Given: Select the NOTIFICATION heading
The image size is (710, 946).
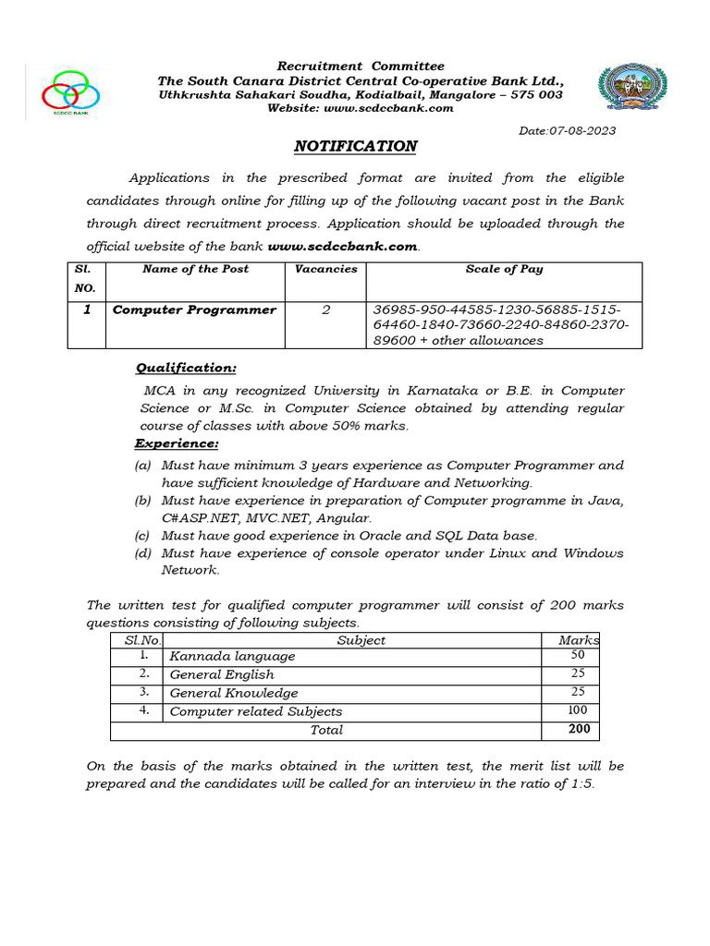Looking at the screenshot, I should point(355,147).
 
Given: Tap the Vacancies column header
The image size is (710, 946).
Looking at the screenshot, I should point(325,269).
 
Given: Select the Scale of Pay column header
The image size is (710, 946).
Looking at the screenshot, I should point(504,269).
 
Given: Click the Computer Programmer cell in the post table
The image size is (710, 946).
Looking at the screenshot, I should point(194,309).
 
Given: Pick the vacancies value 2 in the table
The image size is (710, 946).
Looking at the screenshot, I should point(325,309).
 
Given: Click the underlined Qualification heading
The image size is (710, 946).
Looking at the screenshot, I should point(186,368).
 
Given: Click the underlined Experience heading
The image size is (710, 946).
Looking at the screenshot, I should point(177,443).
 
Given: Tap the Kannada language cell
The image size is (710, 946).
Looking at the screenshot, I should point(232,656).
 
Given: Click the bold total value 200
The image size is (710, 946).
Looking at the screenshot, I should point(579,729).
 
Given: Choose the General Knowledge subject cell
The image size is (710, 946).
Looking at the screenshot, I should point(234,693).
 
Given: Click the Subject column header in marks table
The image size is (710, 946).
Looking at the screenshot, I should point(361,640).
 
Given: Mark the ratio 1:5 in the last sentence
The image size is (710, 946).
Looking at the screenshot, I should point(579,784).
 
